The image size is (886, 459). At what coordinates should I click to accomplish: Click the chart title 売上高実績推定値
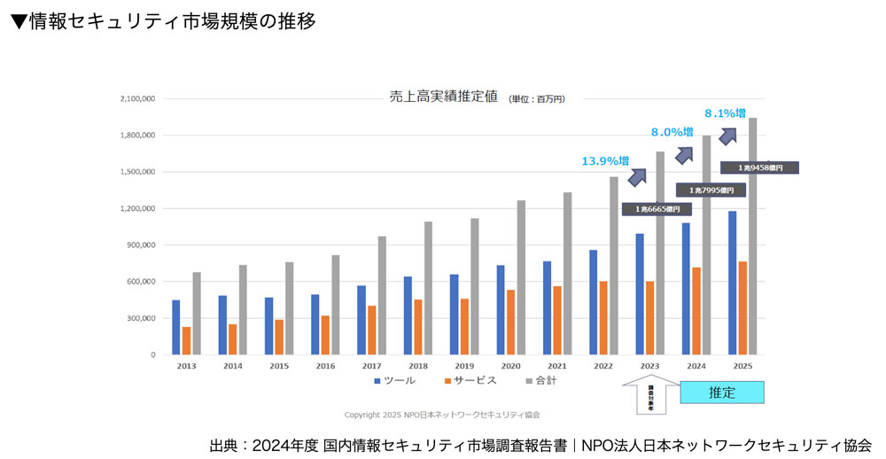tap(443, 97)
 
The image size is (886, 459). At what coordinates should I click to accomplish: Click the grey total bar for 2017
tap(382, 295)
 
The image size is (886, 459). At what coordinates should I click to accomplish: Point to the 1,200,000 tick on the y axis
tap(137, 208)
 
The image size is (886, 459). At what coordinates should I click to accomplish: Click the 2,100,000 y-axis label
tap(137, 99)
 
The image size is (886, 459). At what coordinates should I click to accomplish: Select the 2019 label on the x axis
tap(464, 365)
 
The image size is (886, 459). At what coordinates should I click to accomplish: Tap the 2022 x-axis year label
tap(603, 365)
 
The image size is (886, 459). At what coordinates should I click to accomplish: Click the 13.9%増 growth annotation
tap(605, 161)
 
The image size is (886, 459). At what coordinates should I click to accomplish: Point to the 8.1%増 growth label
tap(725, 113)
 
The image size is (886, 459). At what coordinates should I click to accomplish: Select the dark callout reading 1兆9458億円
tap(759, 167)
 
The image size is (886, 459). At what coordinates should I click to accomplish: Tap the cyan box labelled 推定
tap(722, 393)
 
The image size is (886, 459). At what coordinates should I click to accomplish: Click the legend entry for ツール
tap(394, 380)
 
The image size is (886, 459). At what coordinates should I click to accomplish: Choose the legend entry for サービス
tap(469, 380)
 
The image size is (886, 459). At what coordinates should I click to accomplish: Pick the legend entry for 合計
tap(540, 380)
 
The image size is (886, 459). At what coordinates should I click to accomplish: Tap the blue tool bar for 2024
tap(686, 288)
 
